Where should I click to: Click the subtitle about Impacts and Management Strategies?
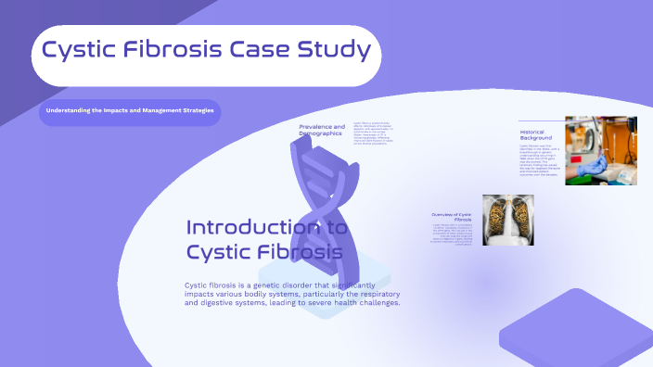[130, 111]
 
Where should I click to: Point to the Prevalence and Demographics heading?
[322, 130]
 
